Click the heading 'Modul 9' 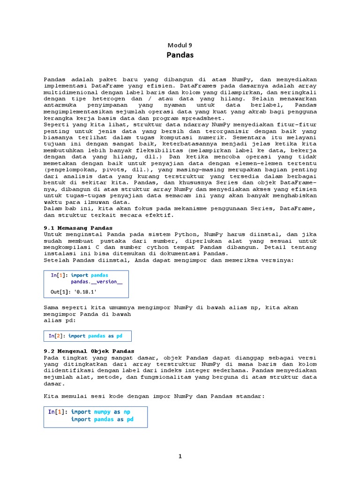click(180, 45)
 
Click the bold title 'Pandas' click(180, 55)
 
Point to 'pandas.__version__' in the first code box click(97, 282)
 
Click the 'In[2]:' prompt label click(57, 336)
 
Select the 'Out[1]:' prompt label click(59, 292)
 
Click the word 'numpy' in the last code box click(103, 412)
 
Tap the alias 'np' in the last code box click(127, 412)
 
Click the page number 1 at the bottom click(180, 456)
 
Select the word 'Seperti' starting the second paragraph click(56, 126)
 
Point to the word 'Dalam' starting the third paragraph click(52, 208)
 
